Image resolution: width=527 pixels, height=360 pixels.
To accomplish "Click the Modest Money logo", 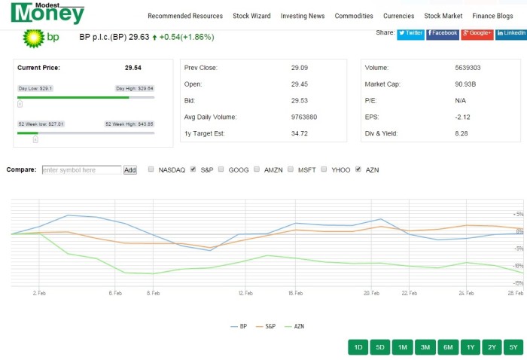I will coord(47,13).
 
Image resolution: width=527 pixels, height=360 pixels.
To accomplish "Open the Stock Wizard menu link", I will coord(251,16).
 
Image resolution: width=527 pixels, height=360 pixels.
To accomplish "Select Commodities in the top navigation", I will coord(354,16).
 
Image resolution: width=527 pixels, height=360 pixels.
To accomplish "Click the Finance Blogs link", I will coord(493,16).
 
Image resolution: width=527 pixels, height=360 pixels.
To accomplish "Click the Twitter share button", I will coord(410,33).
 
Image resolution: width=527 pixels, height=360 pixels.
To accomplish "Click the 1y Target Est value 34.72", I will coord(299,133).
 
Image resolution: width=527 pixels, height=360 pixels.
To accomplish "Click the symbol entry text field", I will coord(81,170).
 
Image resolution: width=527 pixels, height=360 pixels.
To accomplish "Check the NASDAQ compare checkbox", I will coord(151,169).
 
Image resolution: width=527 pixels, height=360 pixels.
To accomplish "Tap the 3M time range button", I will coord(425,347).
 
